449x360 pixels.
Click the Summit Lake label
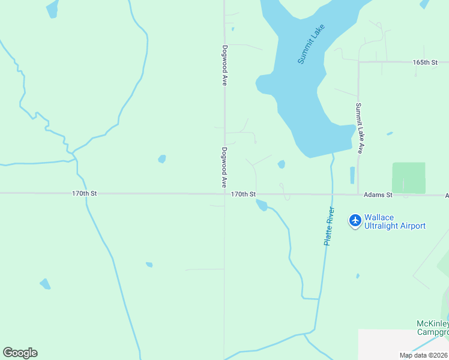pos(311,44)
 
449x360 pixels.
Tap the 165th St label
pos(425,62)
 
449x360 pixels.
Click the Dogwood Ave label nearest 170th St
pos(224,167)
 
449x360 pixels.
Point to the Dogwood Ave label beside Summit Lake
pos(224,65)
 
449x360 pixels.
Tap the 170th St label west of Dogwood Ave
pos(84,194)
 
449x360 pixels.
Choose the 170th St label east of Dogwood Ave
pos(244,194)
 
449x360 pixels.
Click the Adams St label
pos(378,195)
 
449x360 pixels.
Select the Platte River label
pos(329,226)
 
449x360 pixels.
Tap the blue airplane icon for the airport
pos(355,221)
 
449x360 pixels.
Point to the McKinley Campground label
pos(433,328)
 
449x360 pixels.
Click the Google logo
pos(20,353)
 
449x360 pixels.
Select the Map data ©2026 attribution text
pos(423,355)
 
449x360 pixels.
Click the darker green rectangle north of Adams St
pos(409,178)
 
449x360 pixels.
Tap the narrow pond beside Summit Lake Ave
pos(352,175)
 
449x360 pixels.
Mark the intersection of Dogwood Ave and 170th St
pos(224,194)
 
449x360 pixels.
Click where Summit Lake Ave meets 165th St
pos(358,62)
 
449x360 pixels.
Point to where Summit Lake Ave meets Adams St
pos(358,194)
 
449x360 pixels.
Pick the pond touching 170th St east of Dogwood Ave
pos(262,205)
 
